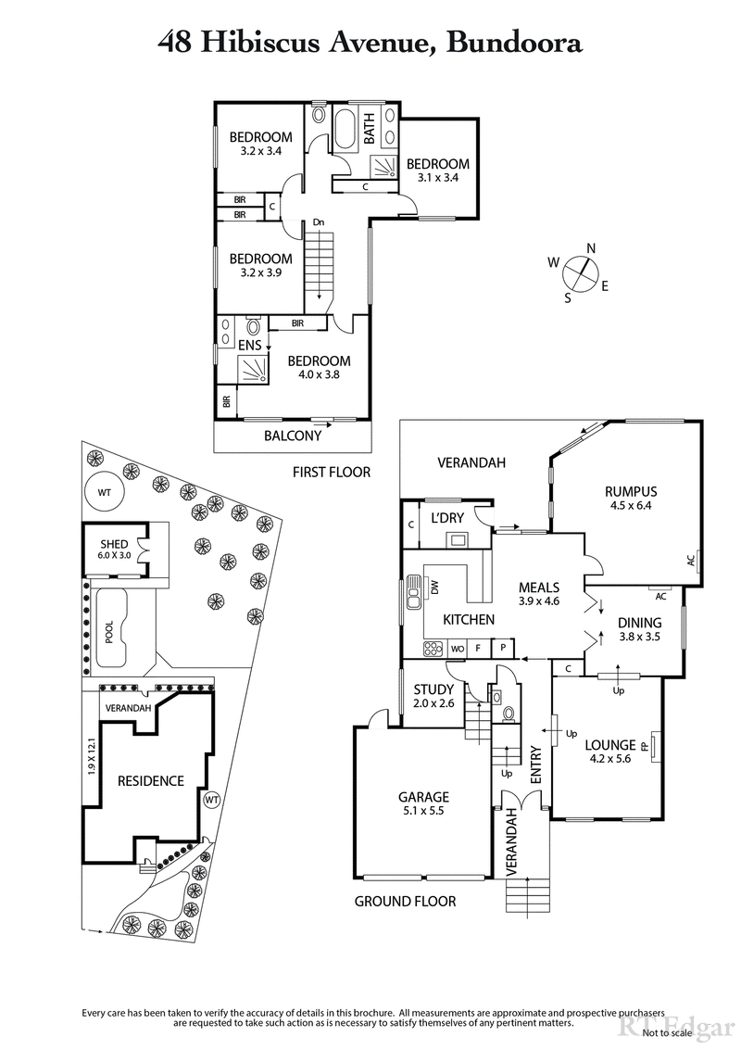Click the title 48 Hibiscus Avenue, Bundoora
(x=370, y=43)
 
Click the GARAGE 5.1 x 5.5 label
(x=423, y=803)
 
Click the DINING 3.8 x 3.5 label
(x=639, y=629)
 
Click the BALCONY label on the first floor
(x=293, y=436)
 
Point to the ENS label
(x=250, y=346)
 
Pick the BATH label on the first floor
(x=369, y=135)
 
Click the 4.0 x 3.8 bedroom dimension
(x=319, y=375)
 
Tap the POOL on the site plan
(x=109, y=631)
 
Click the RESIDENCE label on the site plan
(x=150, y=781)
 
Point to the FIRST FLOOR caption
(x=331, y=472)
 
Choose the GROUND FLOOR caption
(x=406, y=901)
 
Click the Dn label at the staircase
(x=318, y=222)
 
